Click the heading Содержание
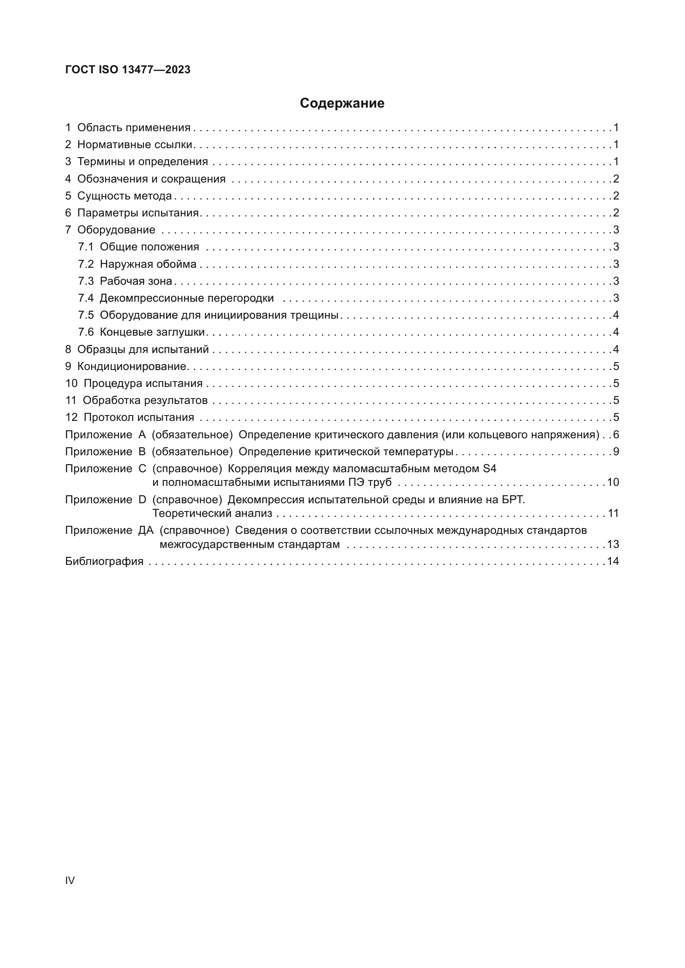(x=342, y=103)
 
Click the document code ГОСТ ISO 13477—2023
(x=128, y=70)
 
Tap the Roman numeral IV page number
(x=70, y=880)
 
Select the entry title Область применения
(x=134, y=128)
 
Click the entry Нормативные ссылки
(x=135, y=144)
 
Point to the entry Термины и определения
(x=142, y=161)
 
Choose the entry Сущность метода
(x=124, y=196)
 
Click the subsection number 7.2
(x=86, y=264)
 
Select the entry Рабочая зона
(x=136, y=281)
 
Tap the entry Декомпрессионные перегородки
(x=186, y=298)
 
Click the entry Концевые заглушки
(x=152, y=332)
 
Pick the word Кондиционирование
(x=132, y=366)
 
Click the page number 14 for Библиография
(x=613, y=561)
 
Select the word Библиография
(x=104, y=561)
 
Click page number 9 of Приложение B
(x=616, y=452)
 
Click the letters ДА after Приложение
(x=145, y=531)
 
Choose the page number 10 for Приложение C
(x=613, y=482)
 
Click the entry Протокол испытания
(x=139, y=418)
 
